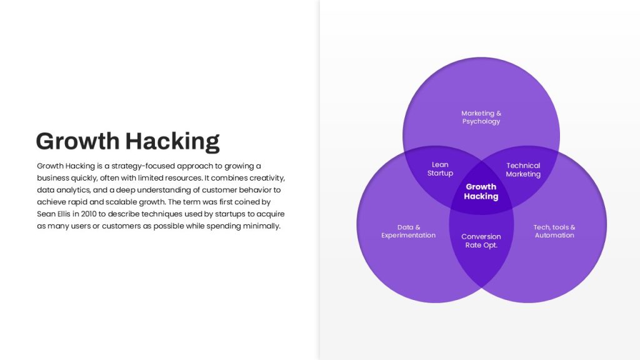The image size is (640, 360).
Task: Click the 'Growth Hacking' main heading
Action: click(127, 142)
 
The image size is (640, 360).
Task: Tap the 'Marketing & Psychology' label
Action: click(481, 117)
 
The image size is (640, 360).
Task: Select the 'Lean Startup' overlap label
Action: click(440, 169)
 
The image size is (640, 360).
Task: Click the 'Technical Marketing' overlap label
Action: click(523, 170)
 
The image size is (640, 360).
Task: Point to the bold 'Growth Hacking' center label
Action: click(481, 191)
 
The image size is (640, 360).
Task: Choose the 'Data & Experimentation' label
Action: click(409, 231)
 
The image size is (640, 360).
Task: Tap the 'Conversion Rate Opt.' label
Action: click(481, 241)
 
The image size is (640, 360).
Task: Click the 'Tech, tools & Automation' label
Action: click(554, 231)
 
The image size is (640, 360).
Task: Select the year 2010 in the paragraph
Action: click(89, 214)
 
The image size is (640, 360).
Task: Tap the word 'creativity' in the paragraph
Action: click(267, 178)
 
